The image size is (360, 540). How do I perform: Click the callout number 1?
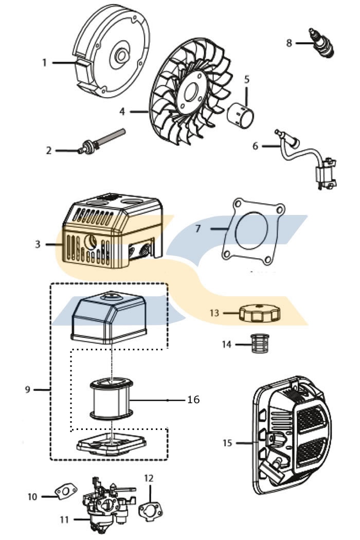pyautogui.click(x=44, y=62)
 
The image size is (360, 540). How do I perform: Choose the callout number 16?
pyautogui.click(x=193, y=399)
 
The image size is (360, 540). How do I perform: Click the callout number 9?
pyautogui.click(x=28, y=389)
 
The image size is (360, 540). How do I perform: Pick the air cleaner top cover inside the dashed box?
pyautogui.click(x=108, y=319)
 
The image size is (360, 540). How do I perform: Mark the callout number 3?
pyautogui.click(x=38, y=244)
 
